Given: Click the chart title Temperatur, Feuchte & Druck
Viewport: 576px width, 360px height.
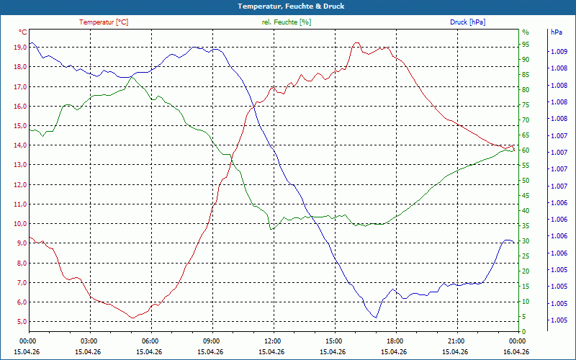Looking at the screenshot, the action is coord(291,6).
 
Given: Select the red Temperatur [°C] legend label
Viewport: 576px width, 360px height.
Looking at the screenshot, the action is coord(104,22).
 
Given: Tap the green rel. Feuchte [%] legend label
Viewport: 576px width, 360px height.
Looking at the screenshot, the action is coord(286,22).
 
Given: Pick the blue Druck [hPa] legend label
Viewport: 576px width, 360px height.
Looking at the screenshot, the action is coord(467,22).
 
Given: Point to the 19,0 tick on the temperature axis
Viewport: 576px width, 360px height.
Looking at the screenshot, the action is coord(20,48).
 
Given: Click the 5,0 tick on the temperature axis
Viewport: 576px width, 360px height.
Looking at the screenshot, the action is coord(20,322).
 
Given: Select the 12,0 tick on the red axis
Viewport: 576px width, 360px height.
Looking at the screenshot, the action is coord(20,185).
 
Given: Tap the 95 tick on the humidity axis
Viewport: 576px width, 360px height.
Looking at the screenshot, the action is coord(526,45).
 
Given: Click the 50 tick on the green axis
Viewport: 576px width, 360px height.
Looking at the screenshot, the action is coord(526,181).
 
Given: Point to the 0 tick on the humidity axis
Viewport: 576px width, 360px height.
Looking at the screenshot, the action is coord(524,332).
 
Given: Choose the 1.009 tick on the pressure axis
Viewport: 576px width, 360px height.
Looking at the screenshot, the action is coord(558,52).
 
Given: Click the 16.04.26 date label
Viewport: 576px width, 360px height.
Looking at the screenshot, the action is coord(516,351).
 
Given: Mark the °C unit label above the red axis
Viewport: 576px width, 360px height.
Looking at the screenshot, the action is coord(23,32).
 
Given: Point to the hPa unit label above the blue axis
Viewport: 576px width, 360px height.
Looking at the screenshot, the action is coord(557,32).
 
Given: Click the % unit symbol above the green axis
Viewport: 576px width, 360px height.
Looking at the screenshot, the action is coord(526,32).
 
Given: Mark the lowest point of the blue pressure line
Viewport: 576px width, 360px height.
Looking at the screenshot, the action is coord(375,318).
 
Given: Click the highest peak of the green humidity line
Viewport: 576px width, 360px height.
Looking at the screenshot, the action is coord(132,78).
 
